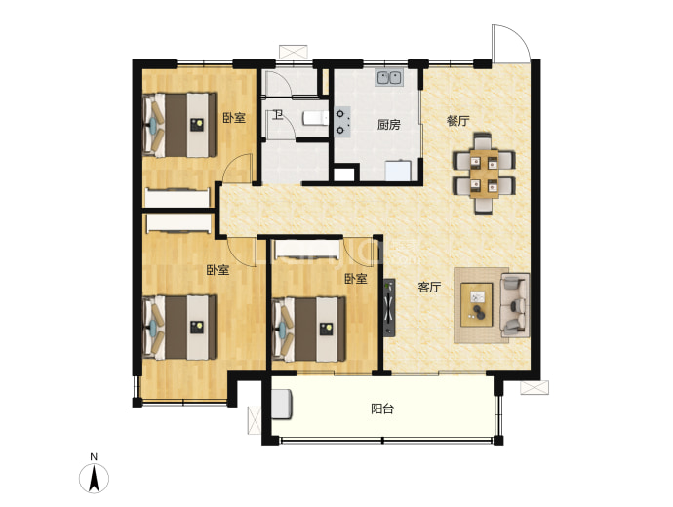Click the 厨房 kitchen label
click(389, 125)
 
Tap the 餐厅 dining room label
click(458, 121)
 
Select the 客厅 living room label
click(429, 287)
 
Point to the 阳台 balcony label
click(382, 409)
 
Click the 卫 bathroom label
click(279, 114)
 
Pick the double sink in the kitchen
click(389, 78)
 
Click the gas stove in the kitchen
click(342, 122)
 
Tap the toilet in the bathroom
click(315, 119)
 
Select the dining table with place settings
click(485, 174)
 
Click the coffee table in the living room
click(477, 304)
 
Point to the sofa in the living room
click(514, 305)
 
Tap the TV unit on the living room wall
click(389, 307)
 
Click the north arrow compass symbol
click(94, 478)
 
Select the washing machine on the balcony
click(282, 404)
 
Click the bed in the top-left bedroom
click(179, 125)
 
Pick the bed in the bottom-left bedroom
click(179, 328)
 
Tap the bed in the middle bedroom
click(308, 330)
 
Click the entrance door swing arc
click(519, 35)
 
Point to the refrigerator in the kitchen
click(398, 171)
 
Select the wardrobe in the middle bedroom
click(308, 250)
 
